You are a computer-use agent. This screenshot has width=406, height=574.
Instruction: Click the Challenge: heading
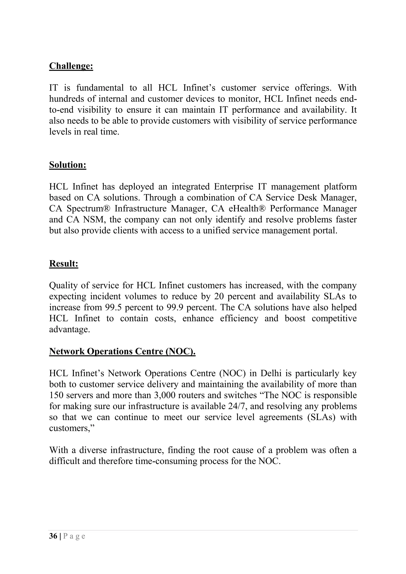pyautogui.click(x=71, y=66)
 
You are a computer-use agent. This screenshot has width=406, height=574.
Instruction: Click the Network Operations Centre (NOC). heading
pyautogui.click(x=122, y=351)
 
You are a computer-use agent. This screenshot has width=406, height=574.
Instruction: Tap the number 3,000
pyautogui.click(x=160, y=395)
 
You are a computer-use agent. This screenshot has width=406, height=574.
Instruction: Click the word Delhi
pyautogui.click(x=271, y=373)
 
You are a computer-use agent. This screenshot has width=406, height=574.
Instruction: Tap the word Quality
pyautogui.click(x=63, y=285)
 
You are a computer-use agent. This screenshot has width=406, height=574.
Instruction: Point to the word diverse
pyautogui.click(x=93, y=450)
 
